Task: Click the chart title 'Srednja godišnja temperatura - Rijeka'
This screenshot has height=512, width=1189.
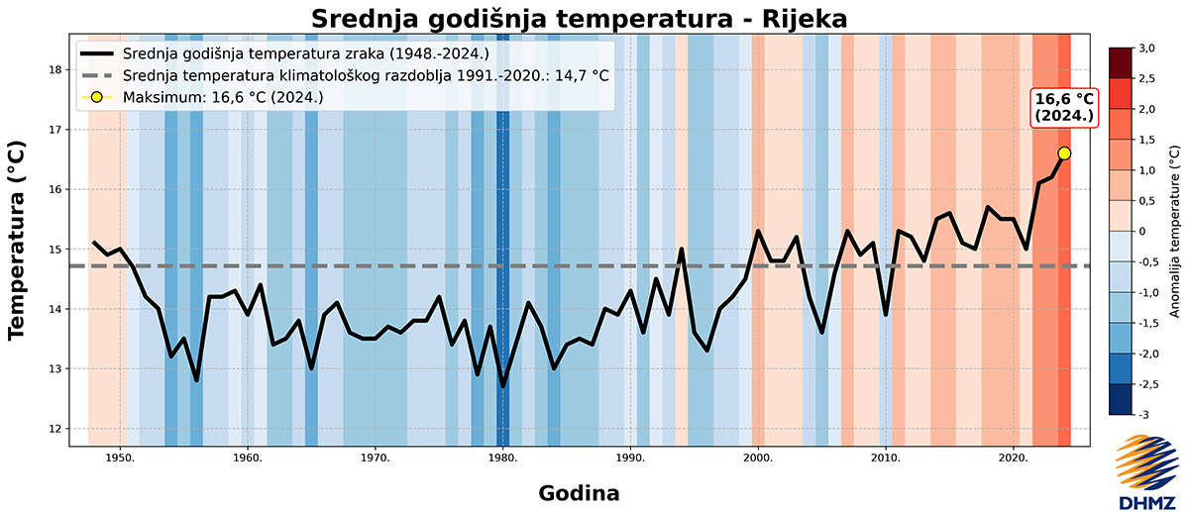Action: click(580, 19)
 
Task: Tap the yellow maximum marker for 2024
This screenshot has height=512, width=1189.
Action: click(1064, 153)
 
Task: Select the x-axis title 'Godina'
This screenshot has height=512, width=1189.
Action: click(580, 492)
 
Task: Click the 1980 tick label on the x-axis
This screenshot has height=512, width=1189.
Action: click(502, 458)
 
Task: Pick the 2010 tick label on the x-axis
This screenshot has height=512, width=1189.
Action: click(886, 458)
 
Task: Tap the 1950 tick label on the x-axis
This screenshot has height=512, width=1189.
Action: click(120, 458)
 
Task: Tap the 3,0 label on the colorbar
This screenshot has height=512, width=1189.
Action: click(1146, 48)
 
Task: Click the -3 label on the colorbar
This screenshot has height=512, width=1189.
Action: click(1143, 414)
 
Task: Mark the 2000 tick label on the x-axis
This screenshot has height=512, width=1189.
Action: click(758, 458)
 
